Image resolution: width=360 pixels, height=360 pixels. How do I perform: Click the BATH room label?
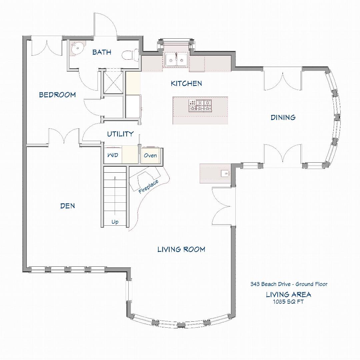coord(102,52)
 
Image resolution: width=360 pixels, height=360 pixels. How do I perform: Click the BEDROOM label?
coord(57,95)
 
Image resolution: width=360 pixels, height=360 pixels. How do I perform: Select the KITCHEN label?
coord(186,83)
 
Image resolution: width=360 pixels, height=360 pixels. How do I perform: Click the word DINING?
coord(283,117)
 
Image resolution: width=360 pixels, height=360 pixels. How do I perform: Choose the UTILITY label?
coord(120,134)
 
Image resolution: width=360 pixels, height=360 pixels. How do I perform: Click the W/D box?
coord(113,156)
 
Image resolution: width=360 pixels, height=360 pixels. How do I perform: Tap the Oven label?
coord(150,156)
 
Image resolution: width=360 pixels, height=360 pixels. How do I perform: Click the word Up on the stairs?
coord(115,222)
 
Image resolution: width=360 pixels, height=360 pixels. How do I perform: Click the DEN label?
coord(68,206)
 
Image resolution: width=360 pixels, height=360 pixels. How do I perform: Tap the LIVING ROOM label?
coord(181,249)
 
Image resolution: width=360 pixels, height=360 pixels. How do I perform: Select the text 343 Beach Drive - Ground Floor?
coord(289,284)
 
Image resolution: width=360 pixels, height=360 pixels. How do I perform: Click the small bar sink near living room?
coord(225,173)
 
